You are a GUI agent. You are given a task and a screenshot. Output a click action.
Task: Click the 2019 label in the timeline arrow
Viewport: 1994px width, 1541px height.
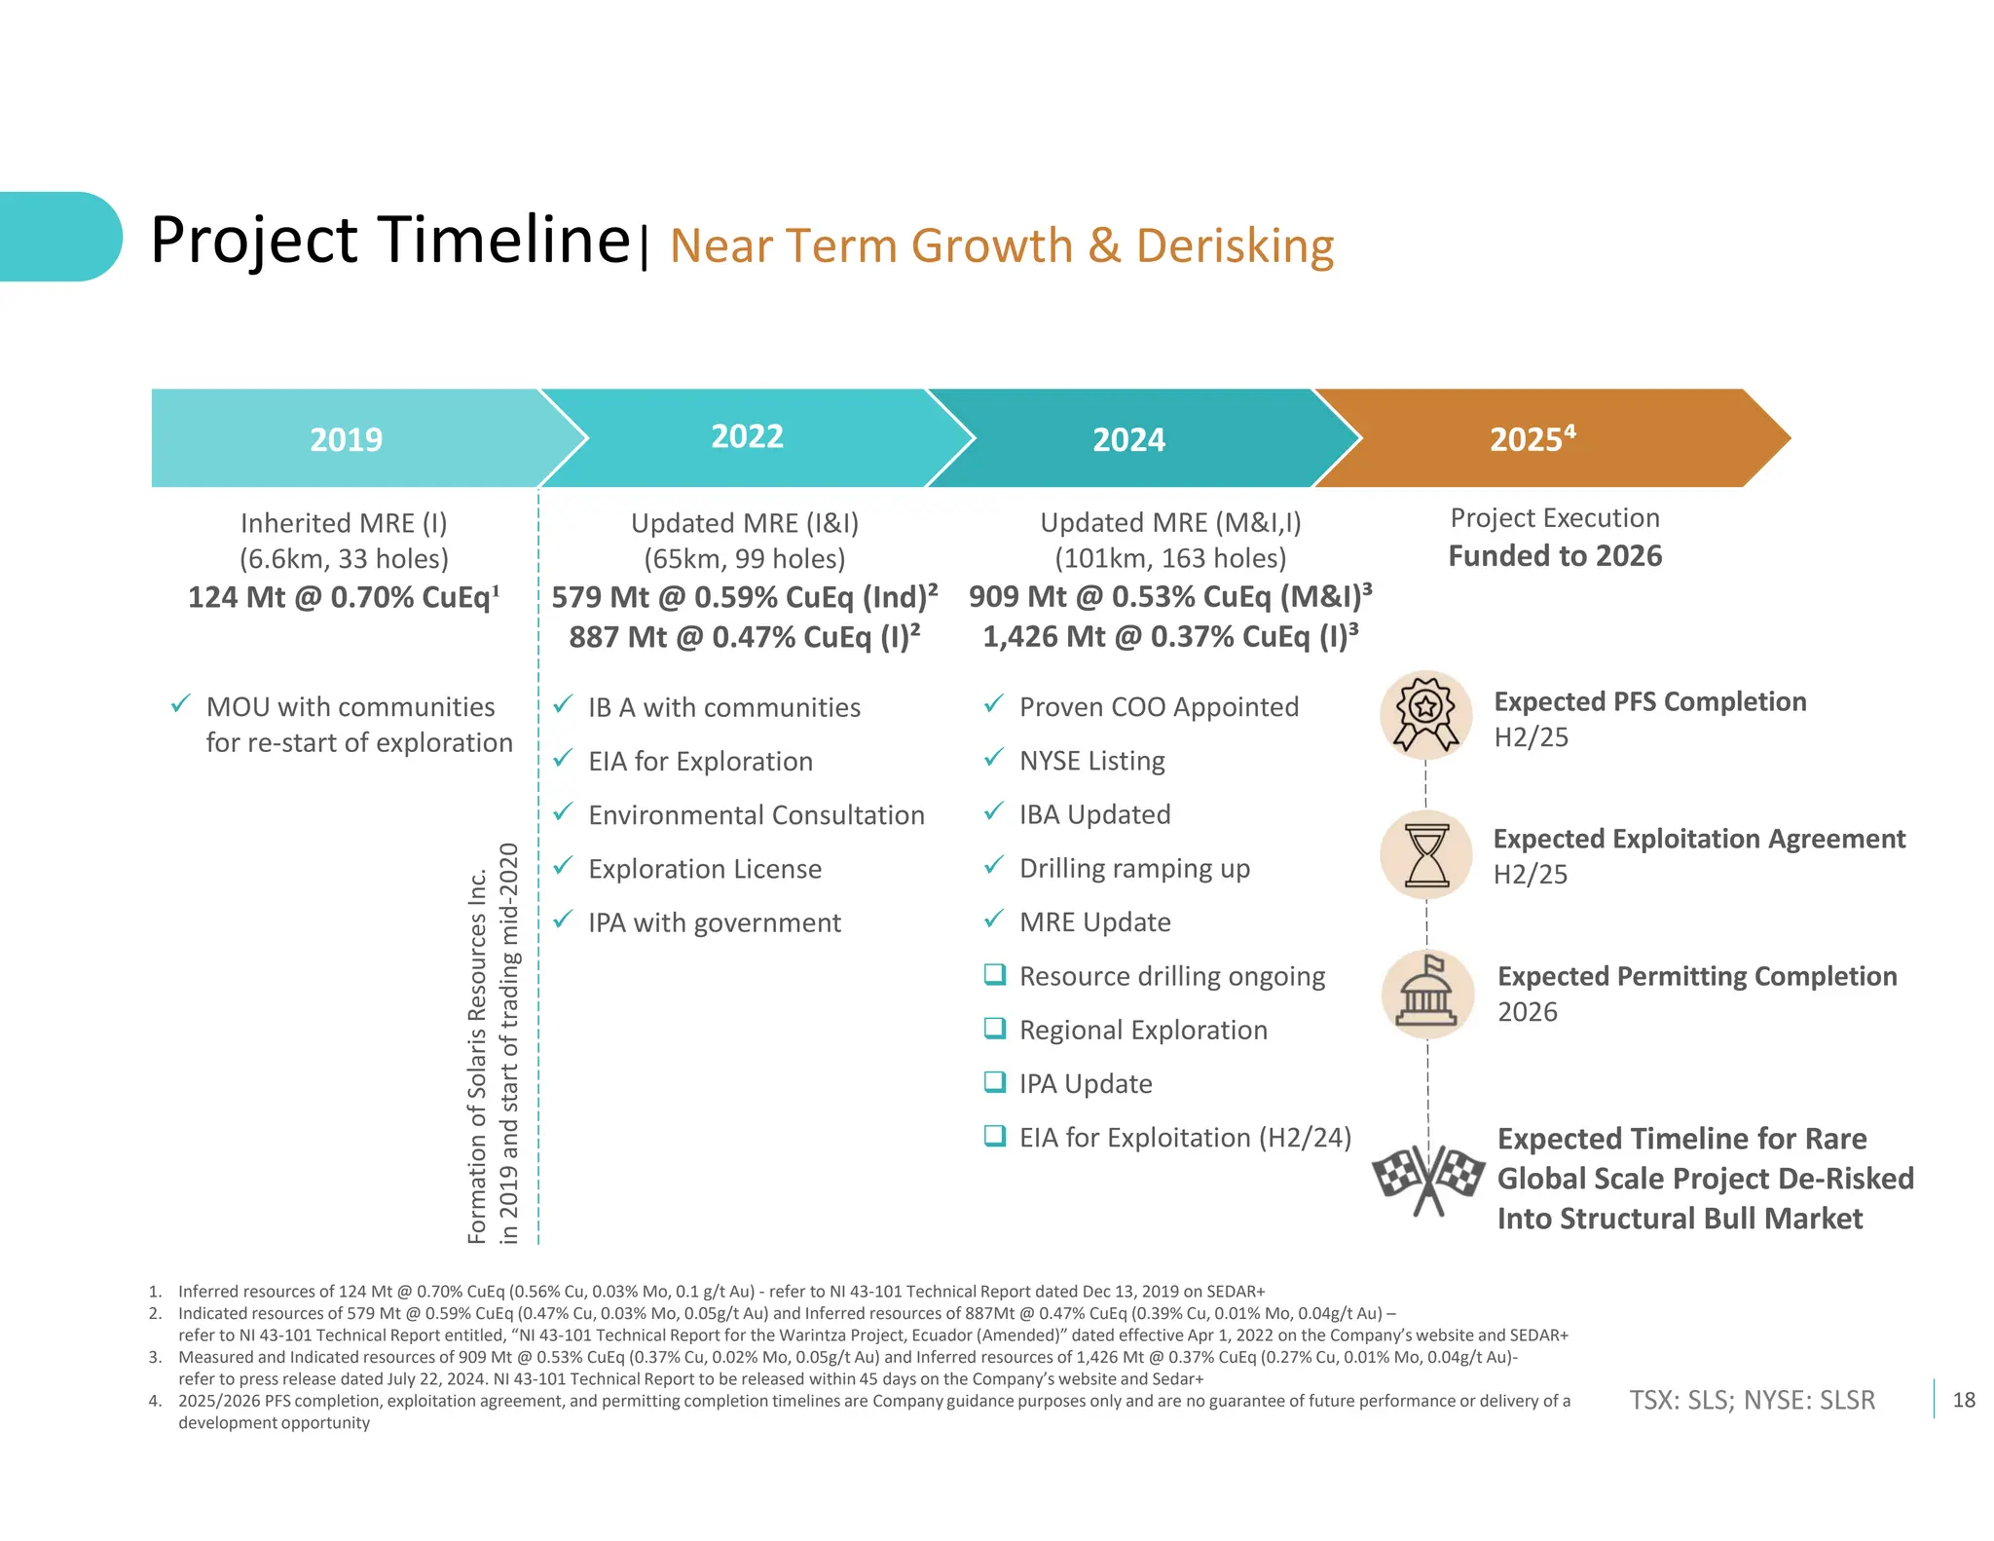pyautogui.click(x=346, y=439)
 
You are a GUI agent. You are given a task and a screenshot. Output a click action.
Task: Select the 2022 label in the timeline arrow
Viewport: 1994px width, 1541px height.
pyautogui.click(x=747, y=436)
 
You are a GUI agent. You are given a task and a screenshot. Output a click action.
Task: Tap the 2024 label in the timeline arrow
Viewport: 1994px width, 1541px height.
pyautogui.click(x=1128, y=439)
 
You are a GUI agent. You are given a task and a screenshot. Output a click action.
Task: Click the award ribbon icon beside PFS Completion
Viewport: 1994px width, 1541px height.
pyautogui.click(x=1425, y=716)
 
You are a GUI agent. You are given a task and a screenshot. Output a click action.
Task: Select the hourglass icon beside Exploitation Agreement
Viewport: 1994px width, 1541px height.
pyautogui.click(x=1426, y=855)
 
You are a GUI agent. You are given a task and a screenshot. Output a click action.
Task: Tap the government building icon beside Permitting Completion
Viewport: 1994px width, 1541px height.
pyautogui.click(x=1426, y=994)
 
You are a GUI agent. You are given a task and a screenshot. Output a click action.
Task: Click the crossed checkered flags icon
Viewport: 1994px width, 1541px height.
pyautogui.click(x=1428, y=1179)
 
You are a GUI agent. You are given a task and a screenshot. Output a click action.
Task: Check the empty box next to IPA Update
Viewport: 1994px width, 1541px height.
pyautogui.click(x=994, y=1082)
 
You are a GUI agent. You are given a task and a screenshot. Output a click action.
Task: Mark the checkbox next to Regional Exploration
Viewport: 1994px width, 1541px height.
pyautogui.click(x=994, y=1029)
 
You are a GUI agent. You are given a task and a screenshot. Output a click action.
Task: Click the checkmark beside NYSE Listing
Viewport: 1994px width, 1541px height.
pyautogui.click(x=993, y=758)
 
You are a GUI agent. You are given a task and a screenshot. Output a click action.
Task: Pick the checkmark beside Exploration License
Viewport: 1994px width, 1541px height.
pyautogui.click(x=563, y=866)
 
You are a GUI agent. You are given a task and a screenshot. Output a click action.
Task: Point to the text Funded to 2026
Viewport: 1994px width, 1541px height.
pyautogui.click(x=1555, y=556)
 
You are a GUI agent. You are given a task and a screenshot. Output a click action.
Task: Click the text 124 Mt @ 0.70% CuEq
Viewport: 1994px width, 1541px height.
pyautogui.click(x=344, y=597)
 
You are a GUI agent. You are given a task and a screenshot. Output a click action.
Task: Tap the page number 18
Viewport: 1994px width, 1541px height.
pyautogui.click(x=1964, y=1400)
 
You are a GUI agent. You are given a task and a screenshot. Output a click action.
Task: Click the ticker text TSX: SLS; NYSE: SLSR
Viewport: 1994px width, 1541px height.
pyautogui.click(x=1752, y=1400)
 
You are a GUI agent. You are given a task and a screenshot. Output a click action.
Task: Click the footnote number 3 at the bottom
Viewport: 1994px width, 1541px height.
pyautogui.click(x=154, y=1357)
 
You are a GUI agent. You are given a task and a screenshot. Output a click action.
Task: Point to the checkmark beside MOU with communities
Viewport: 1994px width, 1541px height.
pyautogui.click(x=180, y=704)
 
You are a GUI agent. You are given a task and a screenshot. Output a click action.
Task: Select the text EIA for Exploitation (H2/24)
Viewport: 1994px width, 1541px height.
pyautogui.click(x=1185, y=1138)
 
